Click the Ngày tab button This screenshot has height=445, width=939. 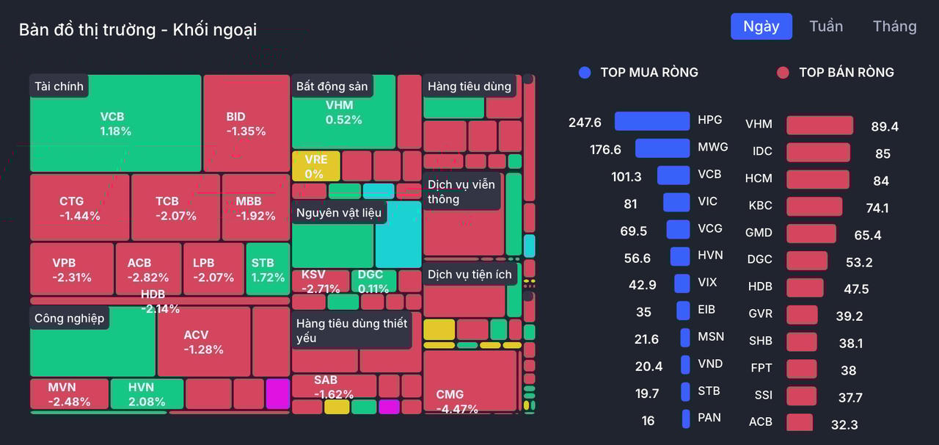pyautogui.click(x=761, y=26)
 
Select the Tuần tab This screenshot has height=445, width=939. pyautogui.click(x=826, y=26)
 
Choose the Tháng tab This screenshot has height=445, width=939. pyautogui.click(x=894, y=26)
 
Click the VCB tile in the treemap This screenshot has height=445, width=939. pyautogui.click(x=115, y=123)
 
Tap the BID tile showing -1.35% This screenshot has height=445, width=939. pyautogui.click(x=246, y=123)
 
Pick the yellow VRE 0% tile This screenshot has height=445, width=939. pyautogui.click(x=315, y=166)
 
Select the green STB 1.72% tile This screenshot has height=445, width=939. pyautogui.click(x=268, y=269)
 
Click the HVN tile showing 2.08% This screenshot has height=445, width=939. pyautogui.click(x=146, y=394)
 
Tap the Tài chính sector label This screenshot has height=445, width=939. pyautogui.click(x=59, y=86)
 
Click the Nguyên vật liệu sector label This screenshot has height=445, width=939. pyautogui.click(x=338, y=213)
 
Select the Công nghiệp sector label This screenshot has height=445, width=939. pyautogui.click(x=69, y=318)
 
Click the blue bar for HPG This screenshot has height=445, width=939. pyautogui.click(x=651, y=121)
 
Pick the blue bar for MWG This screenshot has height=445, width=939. pyautogui.click(x=662, y=148)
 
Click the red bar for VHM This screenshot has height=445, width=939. pyautogui.click(x=819, y=126)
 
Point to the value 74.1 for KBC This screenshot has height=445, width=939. pyautogui.click(x=877, y=208)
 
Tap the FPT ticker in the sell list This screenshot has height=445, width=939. pyautogui.click(x=761, y=368)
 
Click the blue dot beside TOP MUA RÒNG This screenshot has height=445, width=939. pyautogui.click(x=585, y=72)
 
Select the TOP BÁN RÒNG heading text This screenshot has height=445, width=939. pyautogui.click(x=846, y=72)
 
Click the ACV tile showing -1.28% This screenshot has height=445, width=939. pyautogui.click(x=203, y=341)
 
